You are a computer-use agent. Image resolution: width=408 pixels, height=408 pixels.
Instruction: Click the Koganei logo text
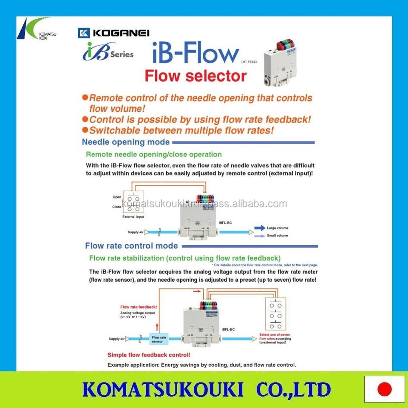[119, 33]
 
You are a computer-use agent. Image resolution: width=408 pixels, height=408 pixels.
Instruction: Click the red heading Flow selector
[195, 76]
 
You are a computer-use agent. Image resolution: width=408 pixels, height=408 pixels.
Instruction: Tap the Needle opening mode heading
[126, 142]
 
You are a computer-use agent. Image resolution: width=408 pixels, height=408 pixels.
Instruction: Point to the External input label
[133, 217]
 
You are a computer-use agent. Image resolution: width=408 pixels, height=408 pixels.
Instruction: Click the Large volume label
[277, 228]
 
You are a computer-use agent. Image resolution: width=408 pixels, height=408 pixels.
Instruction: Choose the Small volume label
[277, 235]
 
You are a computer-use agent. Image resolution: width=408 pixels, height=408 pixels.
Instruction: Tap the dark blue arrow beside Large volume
[260, 228]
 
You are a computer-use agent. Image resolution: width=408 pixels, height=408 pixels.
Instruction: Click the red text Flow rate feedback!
[139, 306]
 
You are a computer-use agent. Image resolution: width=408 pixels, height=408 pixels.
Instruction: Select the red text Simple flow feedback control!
[149, 355]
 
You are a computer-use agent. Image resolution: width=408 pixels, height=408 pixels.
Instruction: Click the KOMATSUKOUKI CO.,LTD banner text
[206, 389]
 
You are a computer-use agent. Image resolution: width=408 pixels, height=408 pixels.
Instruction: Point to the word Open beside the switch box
[117, 197]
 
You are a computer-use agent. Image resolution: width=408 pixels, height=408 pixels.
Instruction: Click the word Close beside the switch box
[117, 207]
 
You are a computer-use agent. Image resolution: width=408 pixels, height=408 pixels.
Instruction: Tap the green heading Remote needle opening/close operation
[154, 154]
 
